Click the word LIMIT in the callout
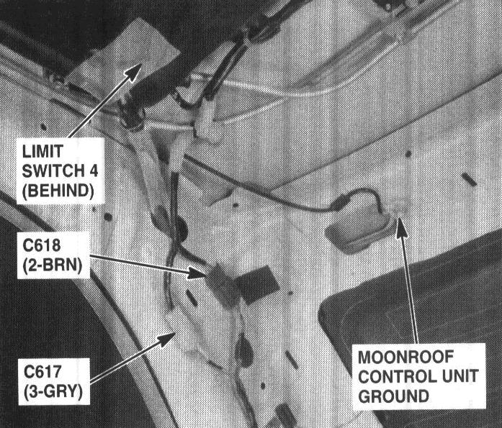42,151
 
